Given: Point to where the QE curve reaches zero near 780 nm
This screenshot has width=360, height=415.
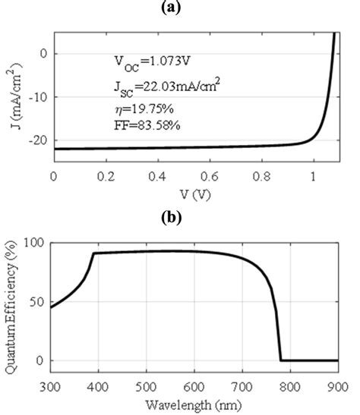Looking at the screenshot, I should pyautogui.click(x=280, y=360).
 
